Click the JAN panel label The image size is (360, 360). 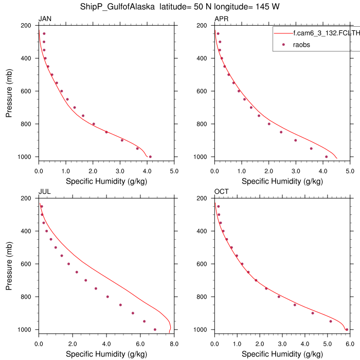(x=45, y=20)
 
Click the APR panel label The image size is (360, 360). (x=221, y=20)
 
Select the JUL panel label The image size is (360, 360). (x=44, y=192)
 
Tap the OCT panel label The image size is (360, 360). (x=222, y=192)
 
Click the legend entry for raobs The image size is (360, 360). (x=301, y=45)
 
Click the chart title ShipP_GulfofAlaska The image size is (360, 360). (x=113, y=7)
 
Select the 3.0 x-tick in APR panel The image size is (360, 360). (x=295, y=171)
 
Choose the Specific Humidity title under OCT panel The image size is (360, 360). (x=282, y=354)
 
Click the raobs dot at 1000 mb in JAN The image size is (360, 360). (x=150, y=157)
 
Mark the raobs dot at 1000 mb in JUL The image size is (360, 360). (x=155, y=330)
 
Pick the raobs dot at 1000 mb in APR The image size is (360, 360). (x=326, y=157)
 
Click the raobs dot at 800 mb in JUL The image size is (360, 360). (x=107, y=297)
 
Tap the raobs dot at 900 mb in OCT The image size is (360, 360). (x=312, y=313)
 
